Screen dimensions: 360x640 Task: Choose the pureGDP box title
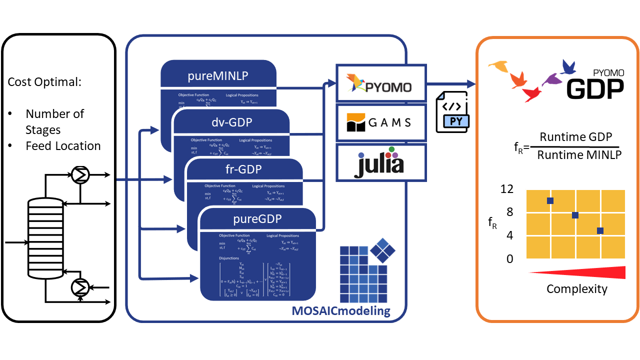pos(257,219)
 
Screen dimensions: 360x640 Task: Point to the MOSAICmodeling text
pos(341,311)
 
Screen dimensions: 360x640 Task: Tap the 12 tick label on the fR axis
pos(506,189)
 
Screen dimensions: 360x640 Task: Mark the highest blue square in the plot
pos(550,200)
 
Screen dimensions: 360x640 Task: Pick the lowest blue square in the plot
pos(600,230)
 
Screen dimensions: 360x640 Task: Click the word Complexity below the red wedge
pos(576,288)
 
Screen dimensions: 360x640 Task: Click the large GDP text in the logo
pos(595,88)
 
